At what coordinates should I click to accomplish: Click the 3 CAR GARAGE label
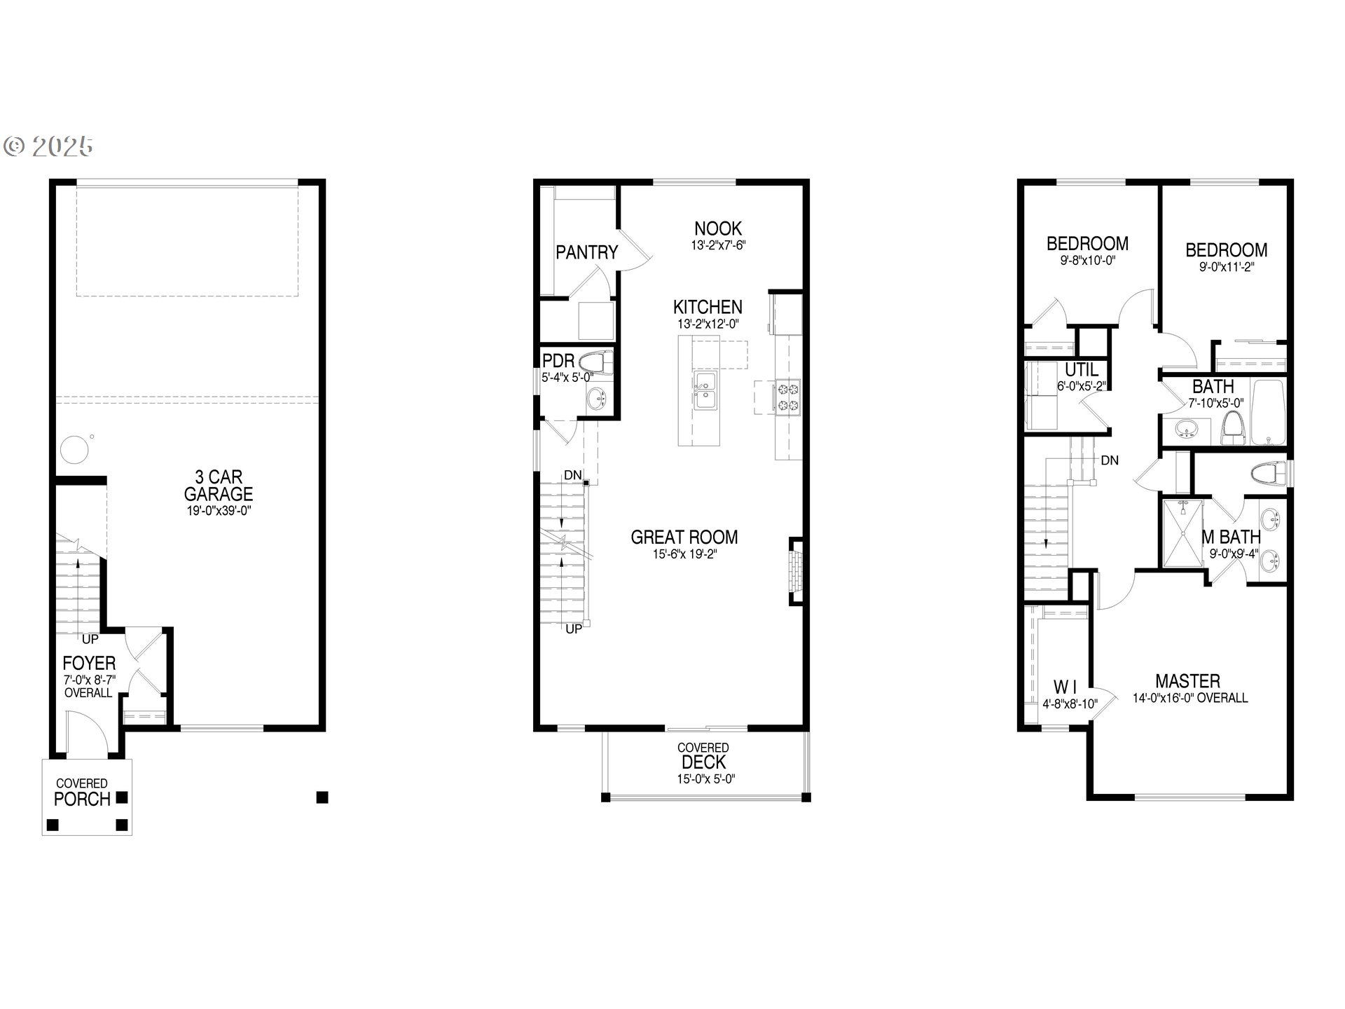point(219,485)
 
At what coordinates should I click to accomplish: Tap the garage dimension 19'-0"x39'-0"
point(219,511)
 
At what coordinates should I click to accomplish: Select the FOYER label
point(89,663)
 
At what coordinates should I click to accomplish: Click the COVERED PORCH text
point(82,792)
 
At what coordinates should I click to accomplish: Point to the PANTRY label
point(586,252)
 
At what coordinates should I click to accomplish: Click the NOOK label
point(718,228)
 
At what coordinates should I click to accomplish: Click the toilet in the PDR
point(598,364)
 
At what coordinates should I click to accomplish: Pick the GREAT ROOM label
point(684,537)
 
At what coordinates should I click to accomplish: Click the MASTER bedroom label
point(1187,681)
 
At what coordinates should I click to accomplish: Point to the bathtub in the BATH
point(1269,413)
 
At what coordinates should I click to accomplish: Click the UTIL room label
point(1081,370)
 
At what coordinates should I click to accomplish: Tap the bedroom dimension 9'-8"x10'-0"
point(1087,260)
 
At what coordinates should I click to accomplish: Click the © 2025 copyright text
point(49,146)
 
